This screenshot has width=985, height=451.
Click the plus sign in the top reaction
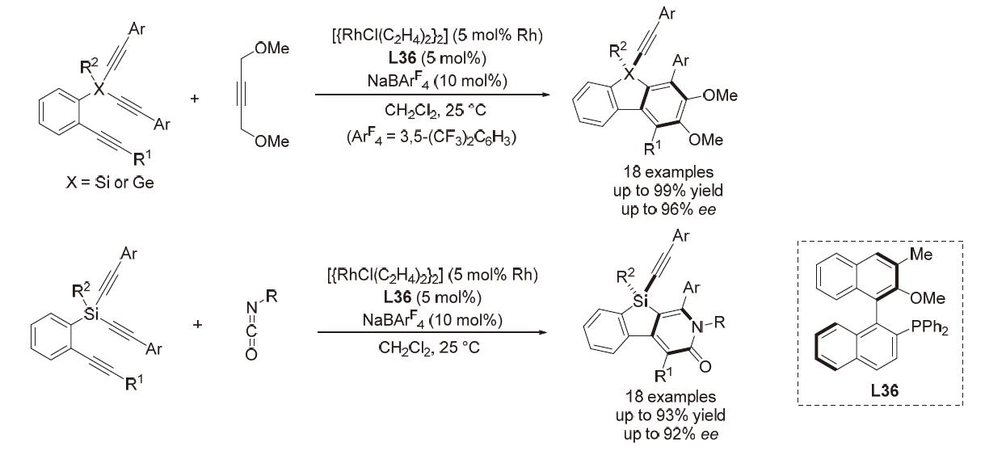[x=194, y=100]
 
